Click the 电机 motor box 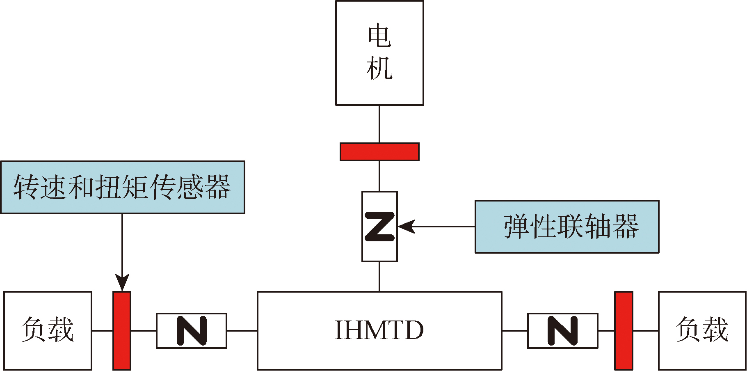tap(379, 53)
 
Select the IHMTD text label tap(379, 330)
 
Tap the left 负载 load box tap(48, 330)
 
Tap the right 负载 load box tap(702, 330)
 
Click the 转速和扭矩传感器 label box tap(122, 187)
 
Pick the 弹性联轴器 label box tap(567, 227)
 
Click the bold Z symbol tap(379, 227)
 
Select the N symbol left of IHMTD tap(192, 330)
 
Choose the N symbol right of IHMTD tap(562, 330)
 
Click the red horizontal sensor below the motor tap(379, 152)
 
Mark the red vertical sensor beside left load tap(122, 330)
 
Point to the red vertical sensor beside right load tap(624, 330)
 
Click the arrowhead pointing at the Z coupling tap(406, 227)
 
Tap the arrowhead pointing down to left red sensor tap(122, 283)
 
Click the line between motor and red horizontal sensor tap(379, 124)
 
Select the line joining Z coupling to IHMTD tap(379, 276)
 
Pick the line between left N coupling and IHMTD tap(242, 330)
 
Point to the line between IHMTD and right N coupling tap(514, 330)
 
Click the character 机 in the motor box tap(379, 68)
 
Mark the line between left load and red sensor tap(102, 330)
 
